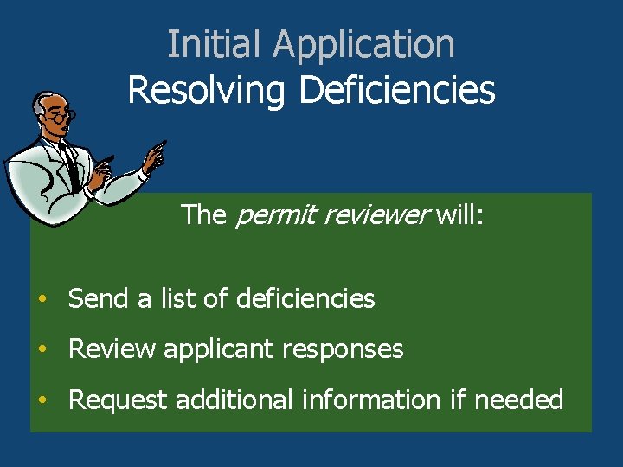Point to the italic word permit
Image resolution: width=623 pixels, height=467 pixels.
pyautogui.click(x=265, y=215)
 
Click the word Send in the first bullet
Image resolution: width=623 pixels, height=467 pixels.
pyautogui.click(x=97, y=299)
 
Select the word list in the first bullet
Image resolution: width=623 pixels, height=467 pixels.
pyautogui.click(x=164, y=299)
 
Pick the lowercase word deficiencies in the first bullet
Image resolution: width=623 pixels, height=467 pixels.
pyautogui.click(x=305, y=299)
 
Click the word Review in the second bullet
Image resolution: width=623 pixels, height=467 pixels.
pyautogui.click(x=112, y=349)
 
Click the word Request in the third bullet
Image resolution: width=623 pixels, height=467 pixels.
pyautogui.click(x=118, y=400)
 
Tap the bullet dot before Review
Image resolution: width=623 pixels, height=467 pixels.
pyautogui.click(x=42, y=350)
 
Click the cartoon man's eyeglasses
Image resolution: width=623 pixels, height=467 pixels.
pyautogui.click(x=63, y=114)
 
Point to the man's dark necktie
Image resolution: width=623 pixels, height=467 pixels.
pyautogui.click(x=71, y=169)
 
